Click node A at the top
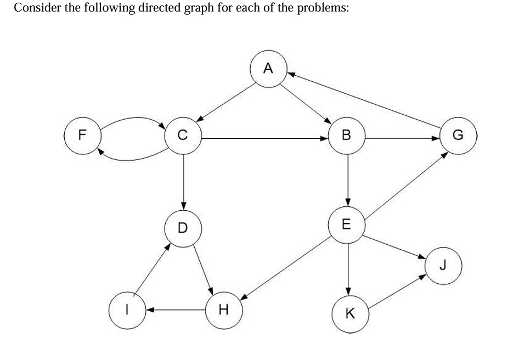268,69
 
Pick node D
183,226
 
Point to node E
346,224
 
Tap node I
128,310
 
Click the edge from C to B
263,138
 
